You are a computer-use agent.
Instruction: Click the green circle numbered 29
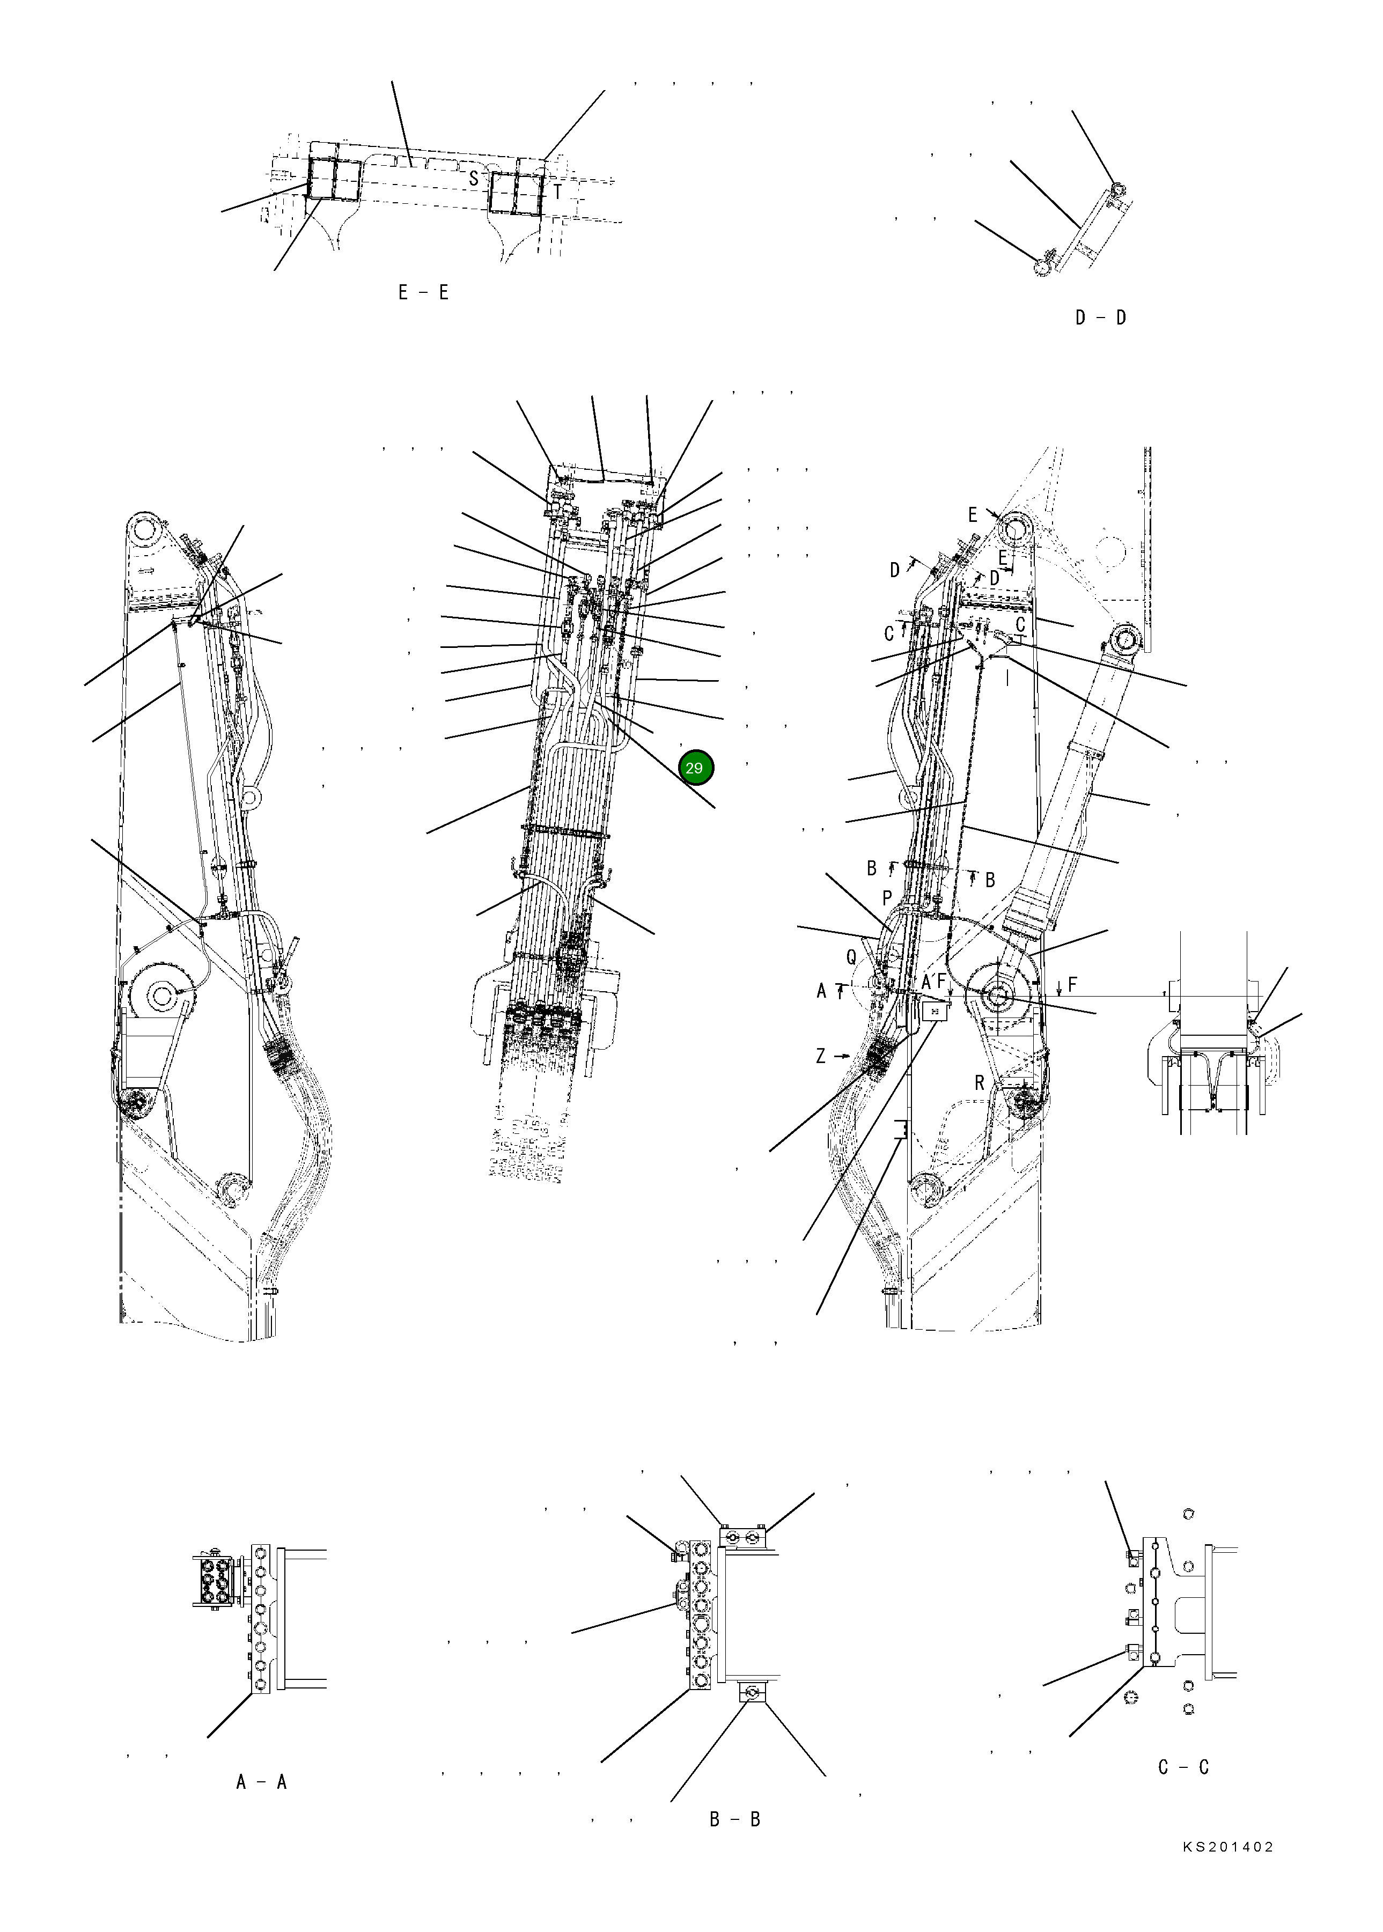coord(696,768)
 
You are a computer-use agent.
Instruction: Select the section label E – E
coord(423,293)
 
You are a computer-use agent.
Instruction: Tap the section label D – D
coord(1100,318)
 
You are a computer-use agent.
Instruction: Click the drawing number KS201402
coord(1227,1871)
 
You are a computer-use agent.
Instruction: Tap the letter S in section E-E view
coord(474,179)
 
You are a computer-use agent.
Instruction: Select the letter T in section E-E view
coord(558,193)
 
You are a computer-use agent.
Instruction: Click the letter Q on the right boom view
coord(851,958)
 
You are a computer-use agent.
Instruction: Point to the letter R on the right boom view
coord(980,1083)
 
